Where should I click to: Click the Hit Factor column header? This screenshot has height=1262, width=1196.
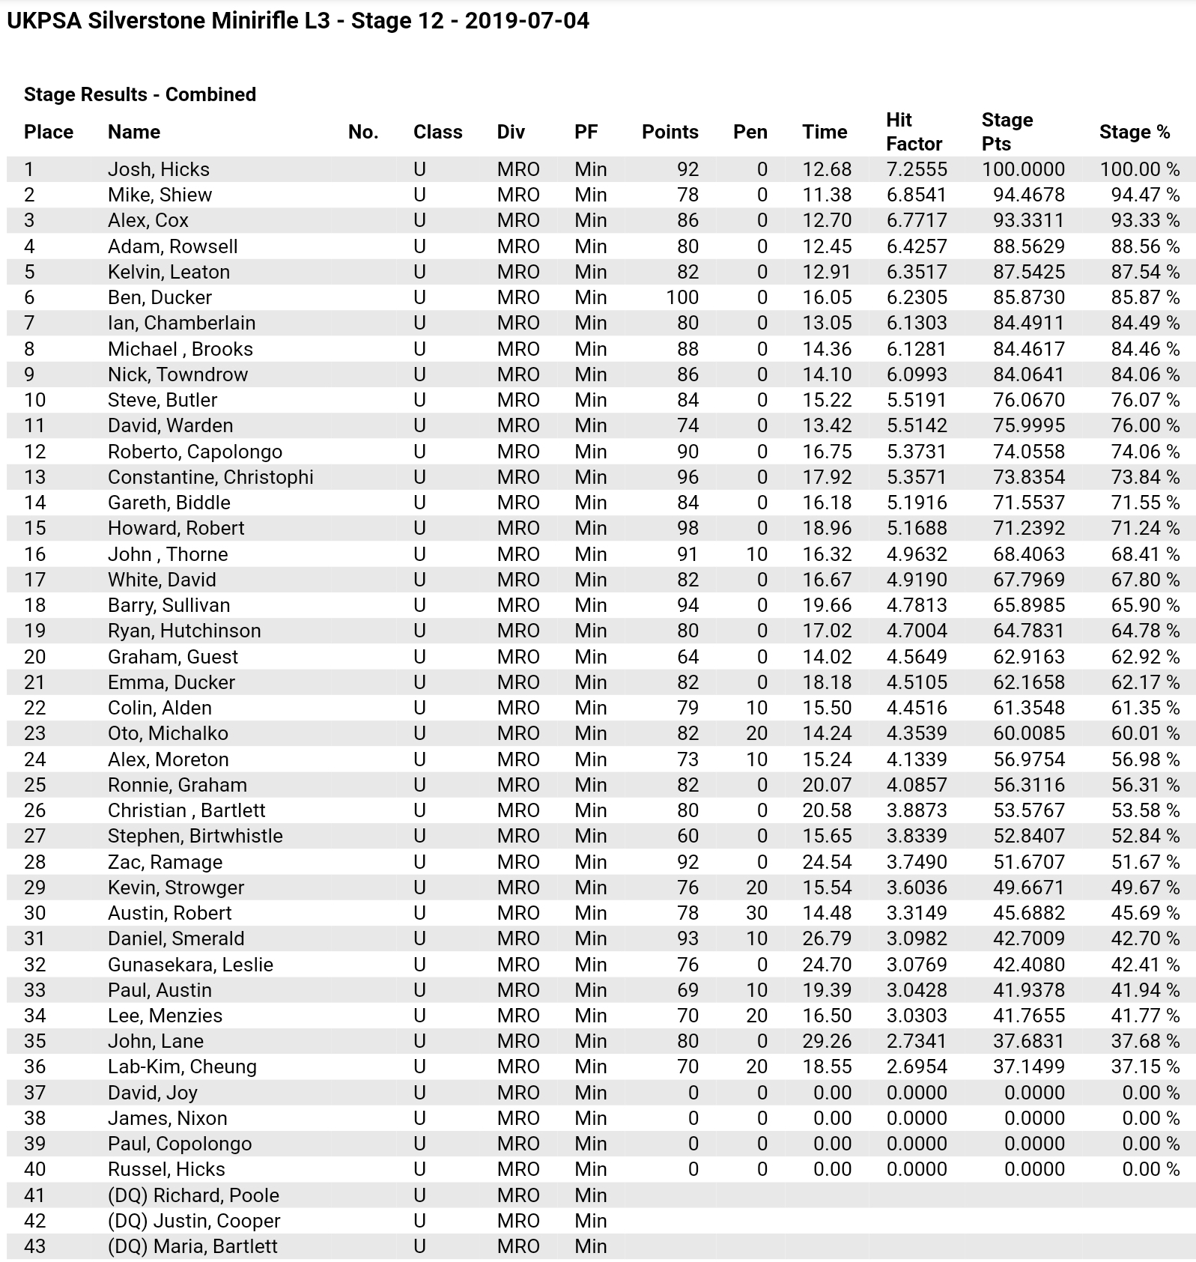point(914,132)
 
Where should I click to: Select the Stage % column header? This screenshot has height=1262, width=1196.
point(1134,132)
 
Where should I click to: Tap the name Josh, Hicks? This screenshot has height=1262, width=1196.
point(159,169)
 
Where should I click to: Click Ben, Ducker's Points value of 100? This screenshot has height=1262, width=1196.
point(682,297)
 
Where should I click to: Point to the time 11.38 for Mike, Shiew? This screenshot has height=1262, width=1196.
point(827,195)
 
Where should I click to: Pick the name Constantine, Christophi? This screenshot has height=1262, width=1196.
point(210,477)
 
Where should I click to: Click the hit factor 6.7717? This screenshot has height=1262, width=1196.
point(917,220)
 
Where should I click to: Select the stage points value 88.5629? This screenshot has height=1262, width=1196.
point(1028,246)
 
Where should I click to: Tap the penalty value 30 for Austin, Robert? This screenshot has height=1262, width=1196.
point(756,913)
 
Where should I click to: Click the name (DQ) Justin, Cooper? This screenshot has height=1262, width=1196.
point(194,1221)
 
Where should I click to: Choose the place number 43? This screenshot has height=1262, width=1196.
point(35,1246)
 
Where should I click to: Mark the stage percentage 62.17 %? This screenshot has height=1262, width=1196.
point(1145,682)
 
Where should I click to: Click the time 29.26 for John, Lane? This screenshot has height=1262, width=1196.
point(827,1041)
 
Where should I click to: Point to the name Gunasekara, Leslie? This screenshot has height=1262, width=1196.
point(190,965)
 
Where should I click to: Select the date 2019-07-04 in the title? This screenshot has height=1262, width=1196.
point(526,20)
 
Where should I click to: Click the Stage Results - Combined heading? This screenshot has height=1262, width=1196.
point(140,94)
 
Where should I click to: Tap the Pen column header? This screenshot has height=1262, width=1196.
point(750,132)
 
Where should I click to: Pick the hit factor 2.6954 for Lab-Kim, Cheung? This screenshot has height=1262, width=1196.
point(917,1067)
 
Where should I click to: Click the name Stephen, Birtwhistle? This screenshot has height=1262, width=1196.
point(195,836)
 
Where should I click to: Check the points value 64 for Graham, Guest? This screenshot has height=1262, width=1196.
point(687,657)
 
